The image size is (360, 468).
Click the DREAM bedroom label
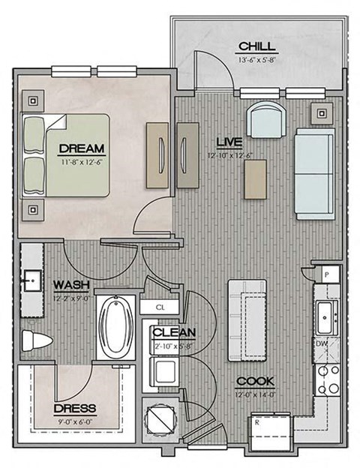[81, 148]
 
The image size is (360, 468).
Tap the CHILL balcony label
[254, 45]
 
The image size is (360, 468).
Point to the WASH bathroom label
[72, 285]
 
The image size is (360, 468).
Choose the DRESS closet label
[75, 408]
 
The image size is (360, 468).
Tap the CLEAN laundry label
[174, 332]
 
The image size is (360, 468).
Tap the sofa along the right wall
[314, 173]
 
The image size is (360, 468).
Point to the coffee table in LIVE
[253, 178]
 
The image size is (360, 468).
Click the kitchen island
[247, 318]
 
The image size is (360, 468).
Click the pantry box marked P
[327, 275]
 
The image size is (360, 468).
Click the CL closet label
[160, 307]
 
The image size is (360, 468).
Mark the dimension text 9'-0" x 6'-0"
[75, 421]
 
